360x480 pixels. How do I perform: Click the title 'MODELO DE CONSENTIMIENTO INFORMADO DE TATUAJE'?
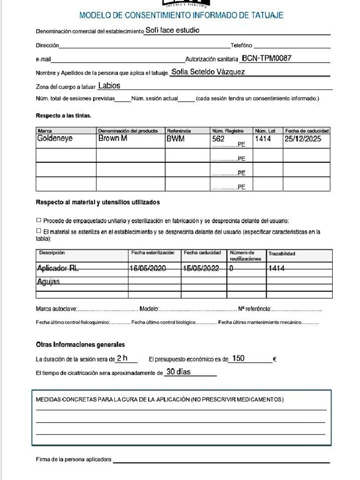pyautogui.click(x=181, y=15)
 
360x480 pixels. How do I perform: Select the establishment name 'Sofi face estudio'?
pyautogui.click(x=172, y=30)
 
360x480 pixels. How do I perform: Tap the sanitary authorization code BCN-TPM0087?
pyautogui.click(x=266, y=59)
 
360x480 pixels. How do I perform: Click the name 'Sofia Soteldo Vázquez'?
pyautogui.click(x=208, y=72)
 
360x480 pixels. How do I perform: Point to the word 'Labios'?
pyautogui.click(x=109, y=86)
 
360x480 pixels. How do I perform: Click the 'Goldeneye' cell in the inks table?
pyautogui.click(x=55, y=139)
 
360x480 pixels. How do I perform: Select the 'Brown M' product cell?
pyautogui.click(x=112, y=139)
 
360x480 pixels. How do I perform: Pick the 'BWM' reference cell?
pyautogui.click(x=175, y=139)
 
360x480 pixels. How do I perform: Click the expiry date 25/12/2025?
pyautogui.click(x=303, y=139)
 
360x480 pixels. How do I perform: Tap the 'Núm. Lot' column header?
pyautogui.click(x=265, y=130)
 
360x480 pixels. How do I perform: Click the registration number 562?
pyautogui.click(x=218, y=139)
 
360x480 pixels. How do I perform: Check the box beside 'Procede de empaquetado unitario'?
pyautogui.click(x=38, y=220)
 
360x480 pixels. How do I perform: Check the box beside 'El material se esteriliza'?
pyautogui.click(x=38, y=231)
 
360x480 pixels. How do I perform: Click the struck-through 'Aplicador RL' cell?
pyautogui.click(x=58, y=269)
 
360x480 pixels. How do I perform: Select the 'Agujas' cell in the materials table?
pyautogui.click(x=48, y=282)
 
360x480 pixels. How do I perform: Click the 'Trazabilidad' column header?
pyautogui.click(x=282, y=254)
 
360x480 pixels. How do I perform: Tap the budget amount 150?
pyautogui.click(x=238, y=359)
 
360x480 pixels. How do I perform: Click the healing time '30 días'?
pyautogui.click(x=179, y=372)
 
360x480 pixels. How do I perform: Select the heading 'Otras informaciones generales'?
pyautogui.click(x=80, y=345)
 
